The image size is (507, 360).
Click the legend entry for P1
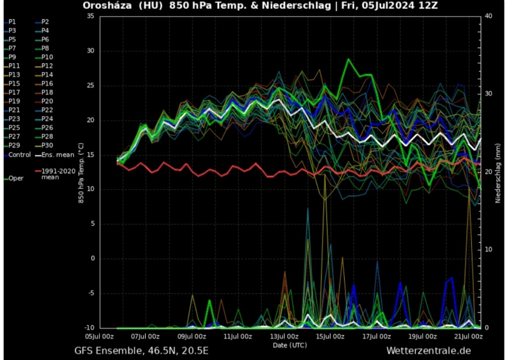point(12,22)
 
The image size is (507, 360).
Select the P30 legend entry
point(47,146)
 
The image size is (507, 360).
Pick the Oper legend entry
point(15,178)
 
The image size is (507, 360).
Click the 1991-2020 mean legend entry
point(57,173)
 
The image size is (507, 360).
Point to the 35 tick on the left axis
point(90,16)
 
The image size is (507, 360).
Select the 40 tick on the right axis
point(488,16)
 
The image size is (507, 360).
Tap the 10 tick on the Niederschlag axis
point(488,250)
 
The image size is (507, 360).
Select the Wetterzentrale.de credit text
point(428,351)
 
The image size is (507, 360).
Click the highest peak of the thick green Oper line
point(349,59)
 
